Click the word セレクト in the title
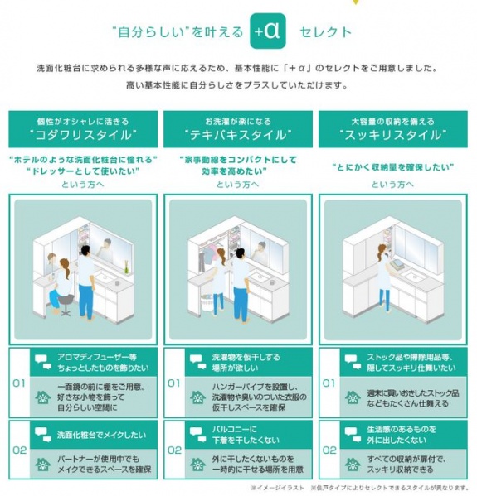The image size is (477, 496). coord(327,31)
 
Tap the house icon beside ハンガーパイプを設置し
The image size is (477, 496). coord(197,397)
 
